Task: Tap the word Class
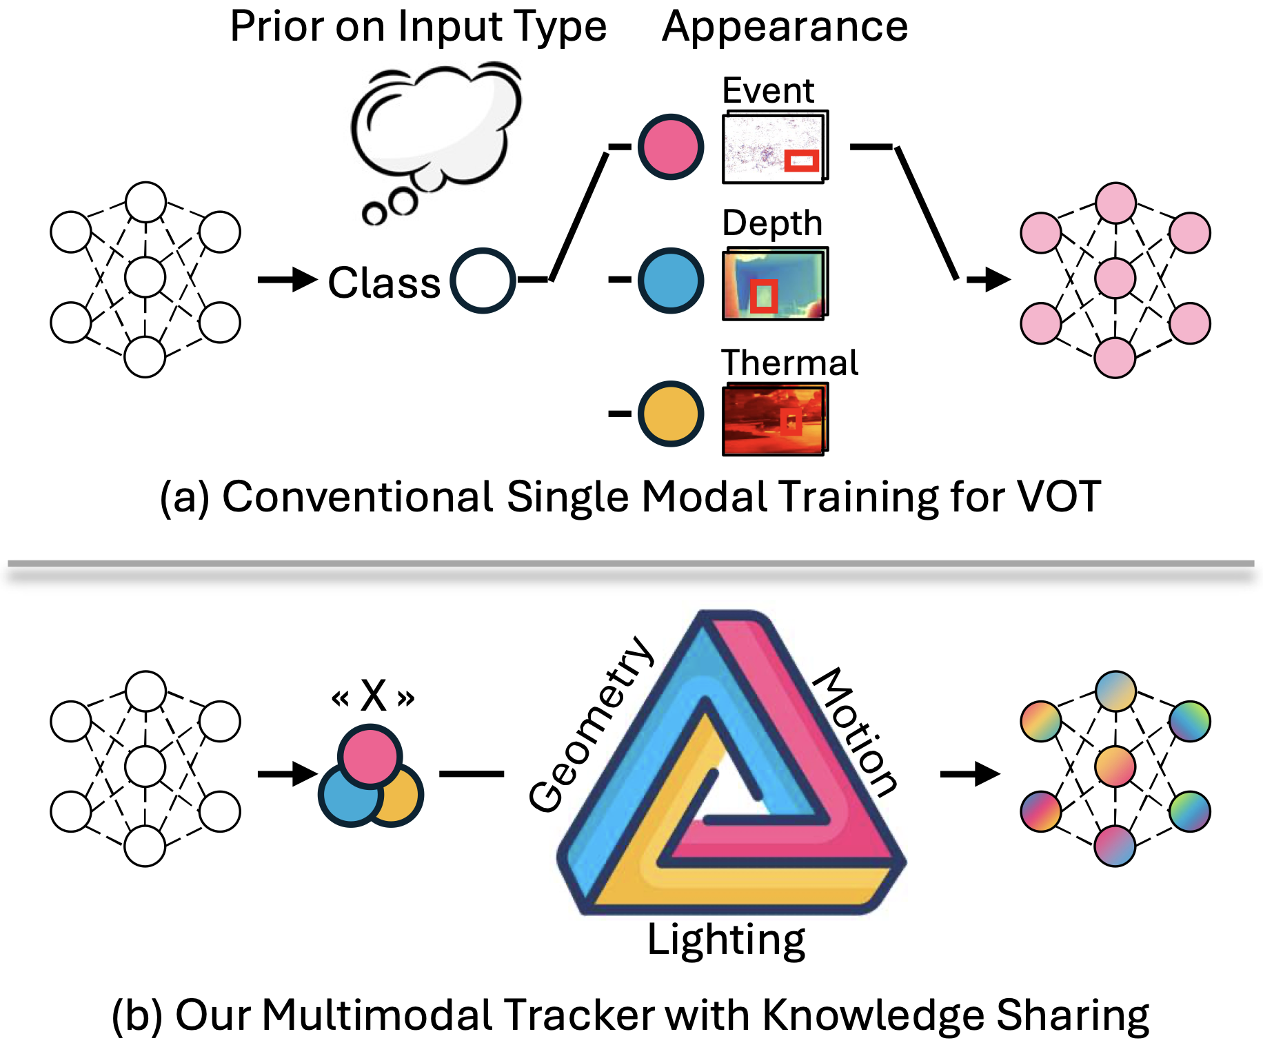click(384, 283)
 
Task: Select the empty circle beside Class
click(483, 281)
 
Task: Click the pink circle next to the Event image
click(671, 147)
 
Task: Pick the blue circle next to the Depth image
click(671, 281)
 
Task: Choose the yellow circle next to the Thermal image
click(671, 414)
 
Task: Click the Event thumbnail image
click(775, 147)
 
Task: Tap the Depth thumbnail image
click(775, 283)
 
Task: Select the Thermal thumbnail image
click(775, 419)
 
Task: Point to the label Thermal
click(790, 363)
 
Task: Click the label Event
click(768, 90)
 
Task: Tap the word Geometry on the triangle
click(591, 724)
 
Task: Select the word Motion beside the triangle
click(856, 732)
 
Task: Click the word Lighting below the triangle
click(726, 940)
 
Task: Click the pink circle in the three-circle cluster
click(370, 755)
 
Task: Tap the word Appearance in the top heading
click(785, 28)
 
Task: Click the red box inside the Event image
click(802, 161)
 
